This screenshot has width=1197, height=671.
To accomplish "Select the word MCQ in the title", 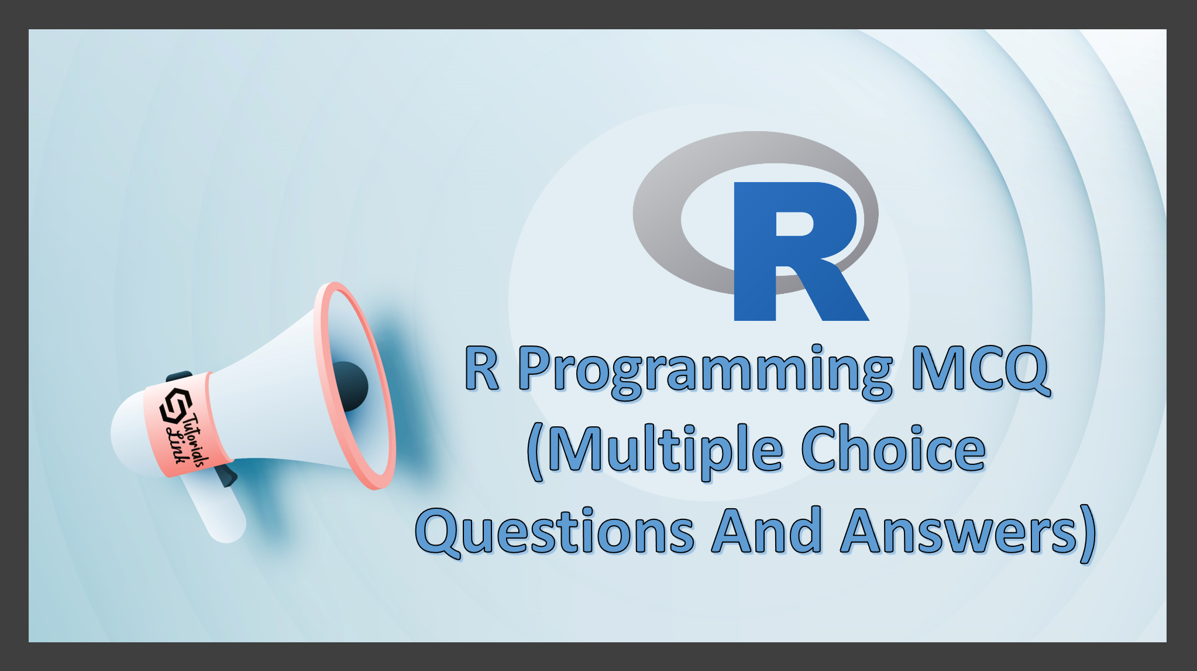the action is (x=981, y=369).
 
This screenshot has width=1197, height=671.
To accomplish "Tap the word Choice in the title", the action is (x=893, y=449).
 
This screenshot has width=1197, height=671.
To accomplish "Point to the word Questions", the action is (x=555, y=531).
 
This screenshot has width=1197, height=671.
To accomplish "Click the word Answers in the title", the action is (x=959, y=531).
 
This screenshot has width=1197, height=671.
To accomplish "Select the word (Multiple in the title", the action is (x=655, y=452).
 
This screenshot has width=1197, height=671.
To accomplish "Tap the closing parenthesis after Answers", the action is (x=1088, y=534).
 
